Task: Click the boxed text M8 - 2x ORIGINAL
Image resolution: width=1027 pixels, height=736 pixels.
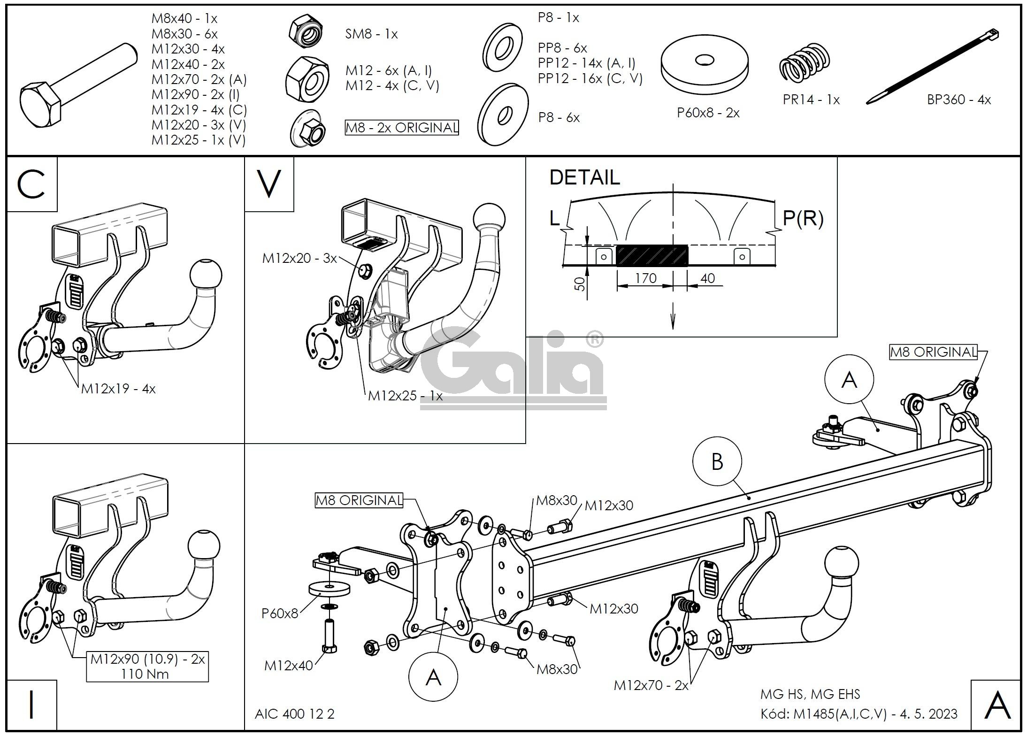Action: [402, 128]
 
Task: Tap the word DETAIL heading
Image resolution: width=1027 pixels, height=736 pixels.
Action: [584, 177]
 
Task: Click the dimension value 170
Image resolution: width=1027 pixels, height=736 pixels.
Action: [645, 278]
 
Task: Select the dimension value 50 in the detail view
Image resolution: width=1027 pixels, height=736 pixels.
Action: [581, 284]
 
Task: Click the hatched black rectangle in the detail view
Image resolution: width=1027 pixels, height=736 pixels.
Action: [651, 256]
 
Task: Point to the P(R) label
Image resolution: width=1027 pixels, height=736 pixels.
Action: [803, 218]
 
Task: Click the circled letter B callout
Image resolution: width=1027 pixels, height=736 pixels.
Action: [717, 462]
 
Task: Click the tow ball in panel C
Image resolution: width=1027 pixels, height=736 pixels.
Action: [206, 275]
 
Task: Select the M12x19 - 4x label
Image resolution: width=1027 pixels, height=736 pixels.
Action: [118, 389]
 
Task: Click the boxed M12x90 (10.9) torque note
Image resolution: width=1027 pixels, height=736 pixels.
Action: [147, 667]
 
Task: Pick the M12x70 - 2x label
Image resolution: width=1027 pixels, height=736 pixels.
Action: [651, 685]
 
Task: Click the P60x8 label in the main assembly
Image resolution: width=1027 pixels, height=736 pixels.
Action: [280, 613]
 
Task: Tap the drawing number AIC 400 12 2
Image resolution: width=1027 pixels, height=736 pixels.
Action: [295, 714]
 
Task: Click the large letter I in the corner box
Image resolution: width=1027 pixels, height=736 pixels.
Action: [31, 705]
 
